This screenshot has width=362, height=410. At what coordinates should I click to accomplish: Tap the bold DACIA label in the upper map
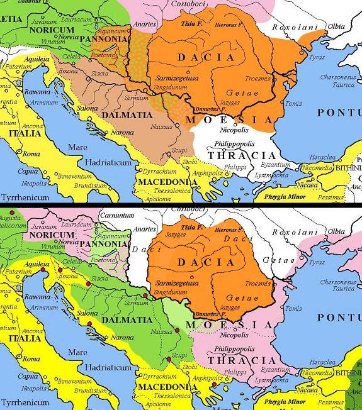(x=206, y=57)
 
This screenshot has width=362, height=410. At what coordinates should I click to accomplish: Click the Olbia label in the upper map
(x=336, y=26)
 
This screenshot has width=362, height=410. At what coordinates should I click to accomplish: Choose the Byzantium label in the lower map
(x=276, y=370)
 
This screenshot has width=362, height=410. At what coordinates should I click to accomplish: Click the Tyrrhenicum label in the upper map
(x=25, y=197)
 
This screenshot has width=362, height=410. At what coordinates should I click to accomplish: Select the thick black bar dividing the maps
(x=181, y=204)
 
